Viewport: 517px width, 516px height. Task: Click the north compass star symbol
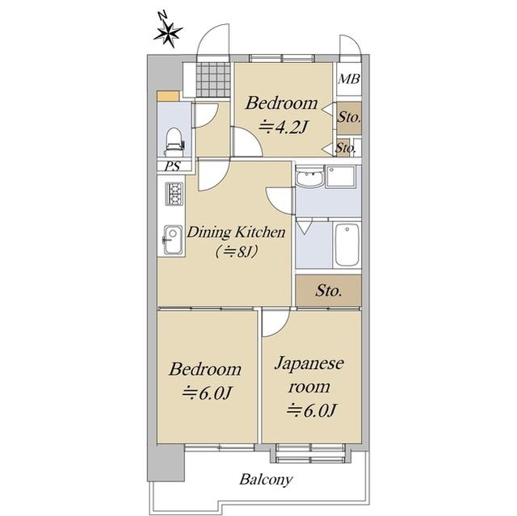[167, 33]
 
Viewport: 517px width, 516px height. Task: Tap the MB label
[349, 79]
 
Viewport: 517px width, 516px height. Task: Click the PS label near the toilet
[173, 166]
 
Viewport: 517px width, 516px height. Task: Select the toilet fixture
[174, 142]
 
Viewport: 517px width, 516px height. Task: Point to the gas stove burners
[174, 194]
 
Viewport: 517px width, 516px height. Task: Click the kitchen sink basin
[172, 240]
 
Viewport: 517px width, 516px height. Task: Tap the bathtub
[347, 245]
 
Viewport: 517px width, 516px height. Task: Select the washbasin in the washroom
[309, 178]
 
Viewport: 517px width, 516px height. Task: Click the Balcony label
[266, 480]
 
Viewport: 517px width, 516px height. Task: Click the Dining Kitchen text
[236, 233]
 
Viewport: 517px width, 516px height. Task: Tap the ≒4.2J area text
[284, 127]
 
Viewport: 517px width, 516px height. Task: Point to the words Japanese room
[309, 375]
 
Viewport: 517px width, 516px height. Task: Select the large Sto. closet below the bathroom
[329, 291]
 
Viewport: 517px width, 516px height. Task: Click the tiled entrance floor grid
[213, 79]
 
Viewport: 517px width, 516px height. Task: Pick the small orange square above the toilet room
[168, 96]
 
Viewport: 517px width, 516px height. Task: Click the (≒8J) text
[236, 252]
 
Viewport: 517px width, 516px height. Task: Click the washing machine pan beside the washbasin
[340, 177]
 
